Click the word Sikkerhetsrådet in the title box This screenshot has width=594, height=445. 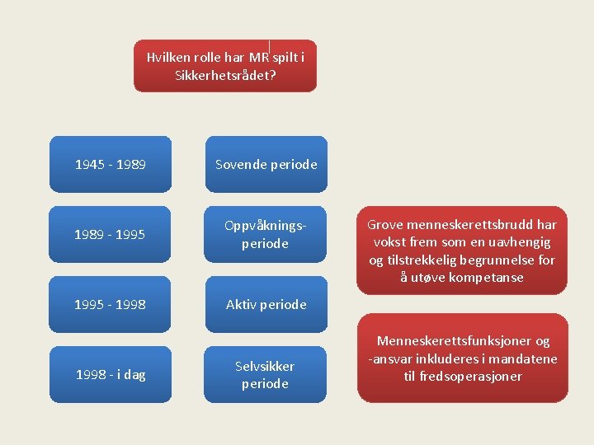coord(224,75)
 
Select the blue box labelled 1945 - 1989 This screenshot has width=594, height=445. coord(111,164)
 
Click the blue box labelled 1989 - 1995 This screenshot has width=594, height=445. coord(111,234)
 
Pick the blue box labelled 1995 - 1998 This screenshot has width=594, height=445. coord(111,304)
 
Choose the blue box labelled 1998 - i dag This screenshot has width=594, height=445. coord(111,375)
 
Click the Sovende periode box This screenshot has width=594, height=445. coord(266,164)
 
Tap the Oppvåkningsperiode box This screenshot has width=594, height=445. coord(266,234)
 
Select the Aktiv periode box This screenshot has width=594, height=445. coord(266,304)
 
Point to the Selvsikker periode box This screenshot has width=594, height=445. coord(266,375)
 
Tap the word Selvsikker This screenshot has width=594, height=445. coord(265,366)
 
